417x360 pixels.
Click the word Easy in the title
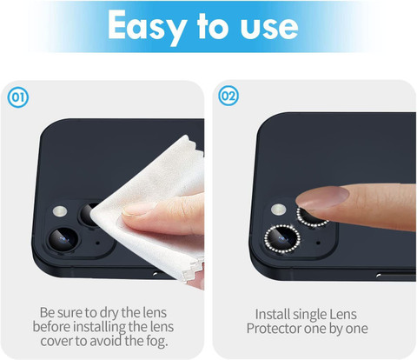(146, 27)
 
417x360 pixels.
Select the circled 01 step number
(18, 97)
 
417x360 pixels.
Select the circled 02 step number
(228, 96)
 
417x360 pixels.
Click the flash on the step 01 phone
(60, 211)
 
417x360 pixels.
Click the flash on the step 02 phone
(279, 210)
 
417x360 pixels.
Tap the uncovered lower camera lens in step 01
(63, 239)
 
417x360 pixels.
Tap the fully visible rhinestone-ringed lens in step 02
(281, 238)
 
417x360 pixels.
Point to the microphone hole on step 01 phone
(97, 243)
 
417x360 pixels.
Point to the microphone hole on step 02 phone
(318, 243)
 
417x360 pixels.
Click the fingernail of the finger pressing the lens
(322, 197)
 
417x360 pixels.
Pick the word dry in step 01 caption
(109, 313)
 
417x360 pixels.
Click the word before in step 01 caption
(51, 327)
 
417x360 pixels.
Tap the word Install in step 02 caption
(272, 315)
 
